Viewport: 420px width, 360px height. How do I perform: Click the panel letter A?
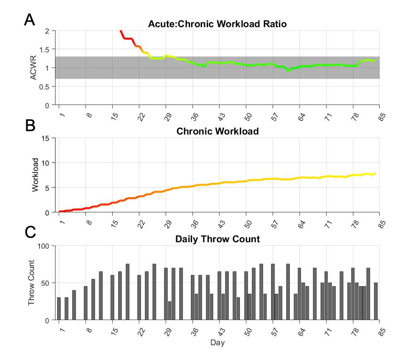point(30,19)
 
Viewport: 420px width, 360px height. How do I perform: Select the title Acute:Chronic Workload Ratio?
point(218,24)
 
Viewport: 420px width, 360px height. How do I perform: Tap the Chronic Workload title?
point(218,131)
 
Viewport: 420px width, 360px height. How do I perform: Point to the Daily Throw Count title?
point(218,239)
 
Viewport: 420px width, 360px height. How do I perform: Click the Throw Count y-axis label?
point(31,283)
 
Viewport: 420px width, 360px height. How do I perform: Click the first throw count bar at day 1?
point(59,309)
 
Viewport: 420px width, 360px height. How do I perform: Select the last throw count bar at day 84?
point(376,302)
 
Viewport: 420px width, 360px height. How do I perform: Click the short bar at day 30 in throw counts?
point(170,311)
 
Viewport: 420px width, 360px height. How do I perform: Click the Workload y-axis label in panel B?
point(36,175)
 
